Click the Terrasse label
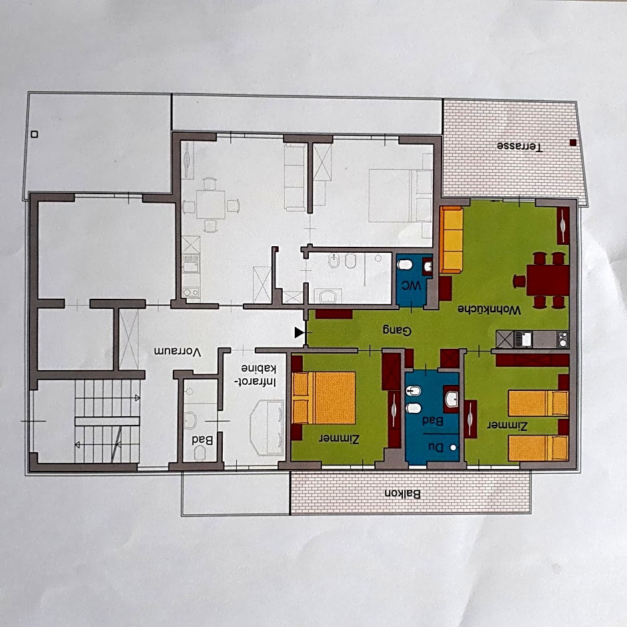(520, 146)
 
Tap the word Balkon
(403, 494)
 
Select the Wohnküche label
(490, 309)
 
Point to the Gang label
(397, 330)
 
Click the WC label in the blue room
(412, 286)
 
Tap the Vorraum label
(177, 352)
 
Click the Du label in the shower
(436, 448)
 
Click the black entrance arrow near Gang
(299, 332)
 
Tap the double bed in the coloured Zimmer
(324, 398)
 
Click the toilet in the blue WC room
(405, 264)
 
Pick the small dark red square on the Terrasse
(573, 142)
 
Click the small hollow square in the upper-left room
(35, 134)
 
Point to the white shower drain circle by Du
(453, 448)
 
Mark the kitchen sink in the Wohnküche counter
(523, 340)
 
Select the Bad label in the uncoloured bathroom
(202, 440)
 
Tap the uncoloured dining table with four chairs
(210, 205)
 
